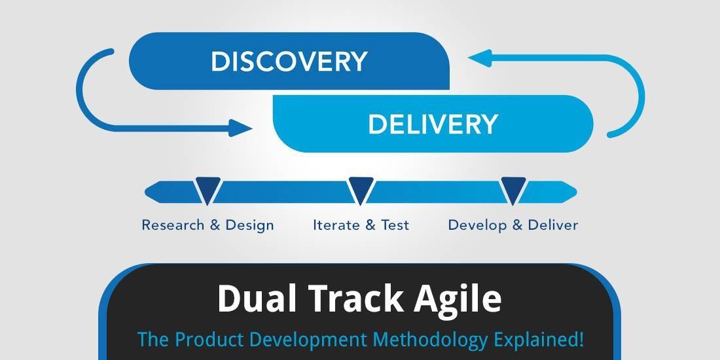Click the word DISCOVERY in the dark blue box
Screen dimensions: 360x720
coord(289,62)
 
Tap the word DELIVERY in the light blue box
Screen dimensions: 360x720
coord(433,124)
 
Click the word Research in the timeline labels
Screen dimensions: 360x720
coord(173,225)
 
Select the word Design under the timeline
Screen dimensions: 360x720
coord(249,225)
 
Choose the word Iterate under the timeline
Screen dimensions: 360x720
coord(336,225)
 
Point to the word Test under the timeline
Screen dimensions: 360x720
coord(395,225)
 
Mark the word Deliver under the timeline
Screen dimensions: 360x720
coord(553,225)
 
